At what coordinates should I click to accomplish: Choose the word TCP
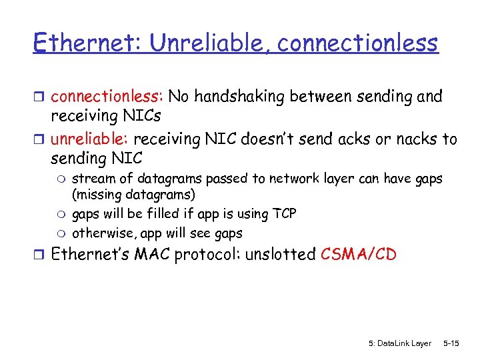click(284, 214)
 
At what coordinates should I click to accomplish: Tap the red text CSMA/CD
click(358, 255)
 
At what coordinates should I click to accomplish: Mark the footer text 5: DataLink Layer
click(400, 343)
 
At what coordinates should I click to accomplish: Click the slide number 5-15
click(451, 343)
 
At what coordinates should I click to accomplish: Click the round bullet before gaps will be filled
click(62, 214)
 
